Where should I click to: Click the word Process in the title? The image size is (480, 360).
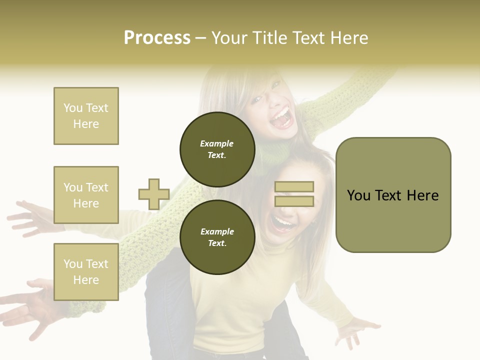[157, 38]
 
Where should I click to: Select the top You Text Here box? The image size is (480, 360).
[86, 116]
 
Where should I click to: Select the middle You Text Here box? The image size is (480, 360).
[86, 195]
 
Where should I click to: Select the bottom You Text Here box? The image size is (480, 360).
[86, 272]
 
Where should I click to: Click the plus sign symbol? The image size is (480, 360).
[154, 194]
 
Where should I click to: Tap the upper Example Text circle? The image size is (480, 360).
[217, 149]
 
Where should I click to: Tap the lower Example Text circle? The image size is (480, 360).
[217, 237]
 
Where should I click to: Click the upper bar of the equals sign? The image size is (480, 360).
[294, 186]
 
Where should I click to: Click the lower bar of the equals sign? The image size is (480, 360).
[294, 201]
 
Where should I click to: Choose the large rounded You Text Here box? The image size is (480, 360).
[393, 195]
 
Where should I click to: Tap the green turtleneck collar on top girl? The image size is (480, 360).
[272, 150]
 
